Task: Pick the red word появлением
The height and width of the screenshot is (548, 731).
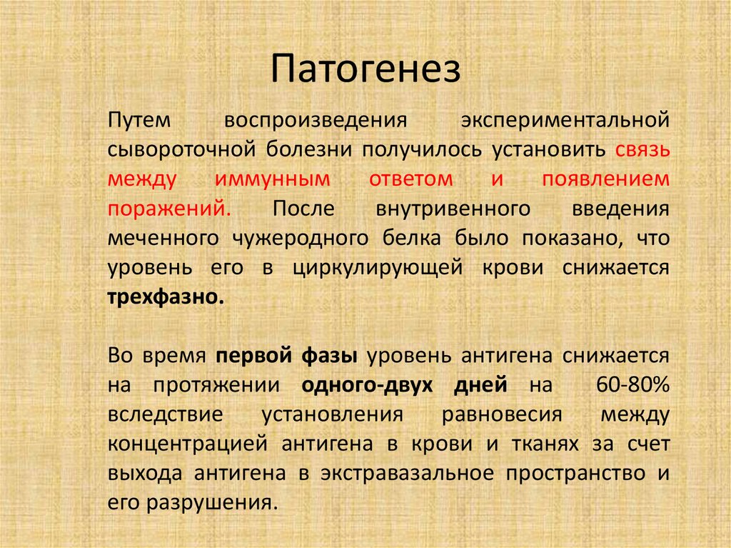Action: click(x=606, y=179)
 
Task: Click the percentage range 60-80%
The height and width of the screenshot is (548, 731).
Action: click(x=632, y=385)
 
